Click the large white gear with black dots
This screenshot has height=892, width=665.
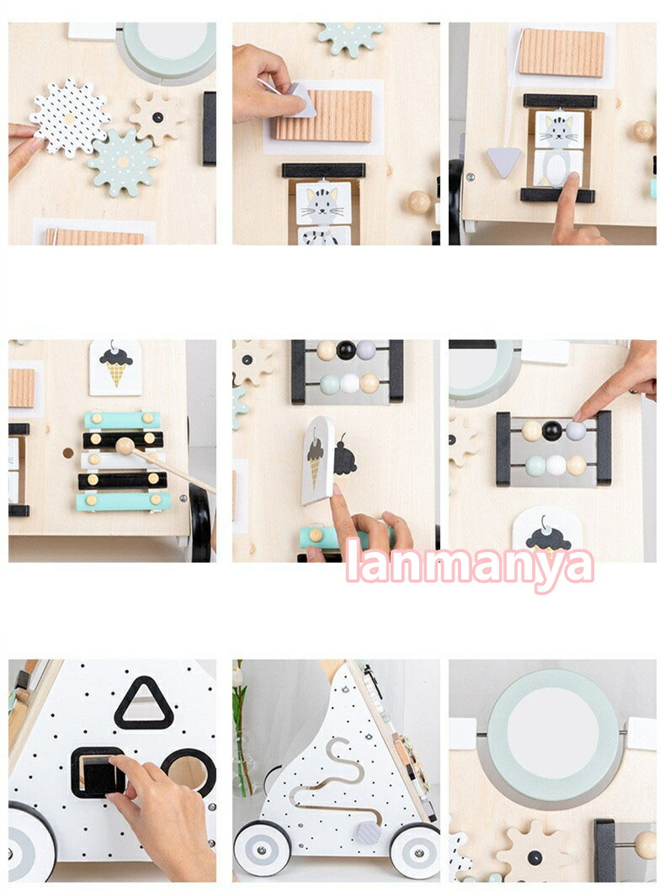pyautogui.click(x=69, y=119)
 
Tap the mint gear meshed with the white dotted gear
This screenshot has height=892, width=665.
pyautogui.click(x=123, y=162)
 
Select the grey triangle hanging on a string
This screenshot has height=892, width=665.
pyautogui.click(x=504, y=162)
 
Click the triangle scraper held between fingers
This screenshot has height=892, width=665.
pyautogui.click(x=299, y=100)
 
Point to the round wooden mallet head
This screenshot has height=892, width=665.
pyautogui.click(x=125, y=446)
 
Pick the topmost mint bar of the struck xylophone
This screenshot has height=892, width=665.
pyautogui.click(x=122, y=420)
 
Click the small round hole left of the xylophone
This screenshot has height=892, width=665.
pyautogui.click(x=67, y=454)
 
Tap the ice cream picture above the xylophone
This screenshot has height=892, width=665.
pyautogui.click(x=115, y=368)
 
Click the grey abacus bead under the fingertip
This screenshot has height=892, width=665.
pyautogui.click(x=576, y=431)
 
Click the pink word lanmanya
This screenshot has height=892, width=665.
pyautogui.click(x=470, y=561)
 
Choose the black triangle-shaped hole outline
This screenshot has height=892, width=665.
pyautogui.click(x=144, y=704)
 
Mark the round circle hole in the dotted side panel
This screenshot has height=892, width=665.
pyautogui.click(x=189, y=772)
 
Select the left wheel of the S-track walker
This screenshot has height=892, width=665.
pyautogui.click(x=263, y=850)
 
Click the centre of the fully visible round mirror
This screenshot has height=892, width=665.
pyautogui.click(x=552, y=734)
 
